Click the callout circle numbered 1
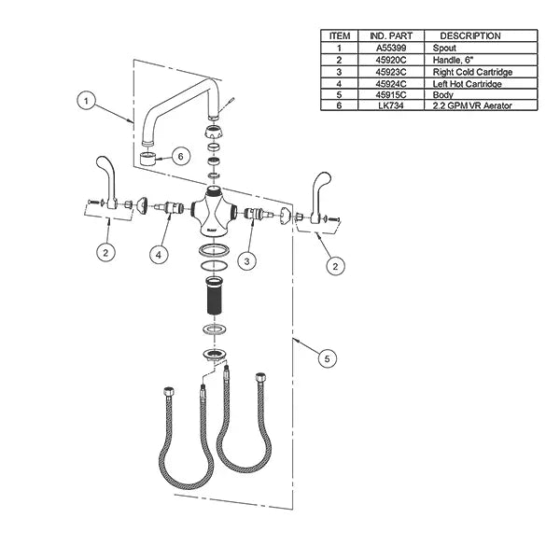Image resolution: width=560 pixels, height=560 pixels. click(x=86, y=101)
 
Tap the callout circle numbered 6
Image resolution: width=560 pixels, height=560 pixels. click(x=180, y=157)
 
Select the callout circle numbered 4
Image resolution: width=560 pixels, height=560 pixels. click(x=159, y=255)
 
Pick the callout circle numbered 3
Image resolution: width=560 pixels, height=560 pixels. click(x=246, y=261)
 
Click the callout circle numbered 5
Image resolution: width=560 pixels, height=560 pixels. click(x=328, y=358)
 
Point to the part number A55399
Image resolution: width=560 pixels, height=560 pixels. click(x=391, y=48)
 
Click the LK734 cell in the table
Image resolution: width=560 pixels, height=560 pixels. click(x=391, y=105)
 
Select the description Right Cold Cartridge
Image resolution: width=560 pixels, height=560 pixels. click(x=472, y=72)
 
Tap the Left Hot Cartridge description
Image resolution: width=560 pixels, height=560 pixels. click(x=468, y=84)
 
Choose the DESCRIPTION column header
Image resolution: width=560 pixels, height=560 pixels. click(x=470, y=36)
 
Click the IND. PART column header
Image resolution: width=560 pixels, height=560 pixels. click(x=391, y=36)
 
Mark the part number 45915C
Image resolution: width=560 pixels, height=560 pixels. click(x=391, y=95)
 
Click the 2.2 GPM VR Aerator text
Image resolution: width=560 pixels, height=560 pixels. click(x=472, y=105)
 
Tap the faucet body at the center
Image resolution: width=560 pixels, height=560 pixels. click(x=214, y=212)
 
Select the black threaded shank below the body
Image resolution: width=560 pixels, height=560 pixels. click(x=214, y=295)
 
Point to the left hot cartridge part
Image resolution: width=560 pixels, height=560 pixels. click(x=170, y=207)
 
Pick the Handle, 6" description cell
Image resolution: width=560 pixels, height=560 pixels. click(x=453, y=60)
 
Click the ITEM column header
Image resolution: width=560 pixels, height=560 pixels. click(x=340, y=36)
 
